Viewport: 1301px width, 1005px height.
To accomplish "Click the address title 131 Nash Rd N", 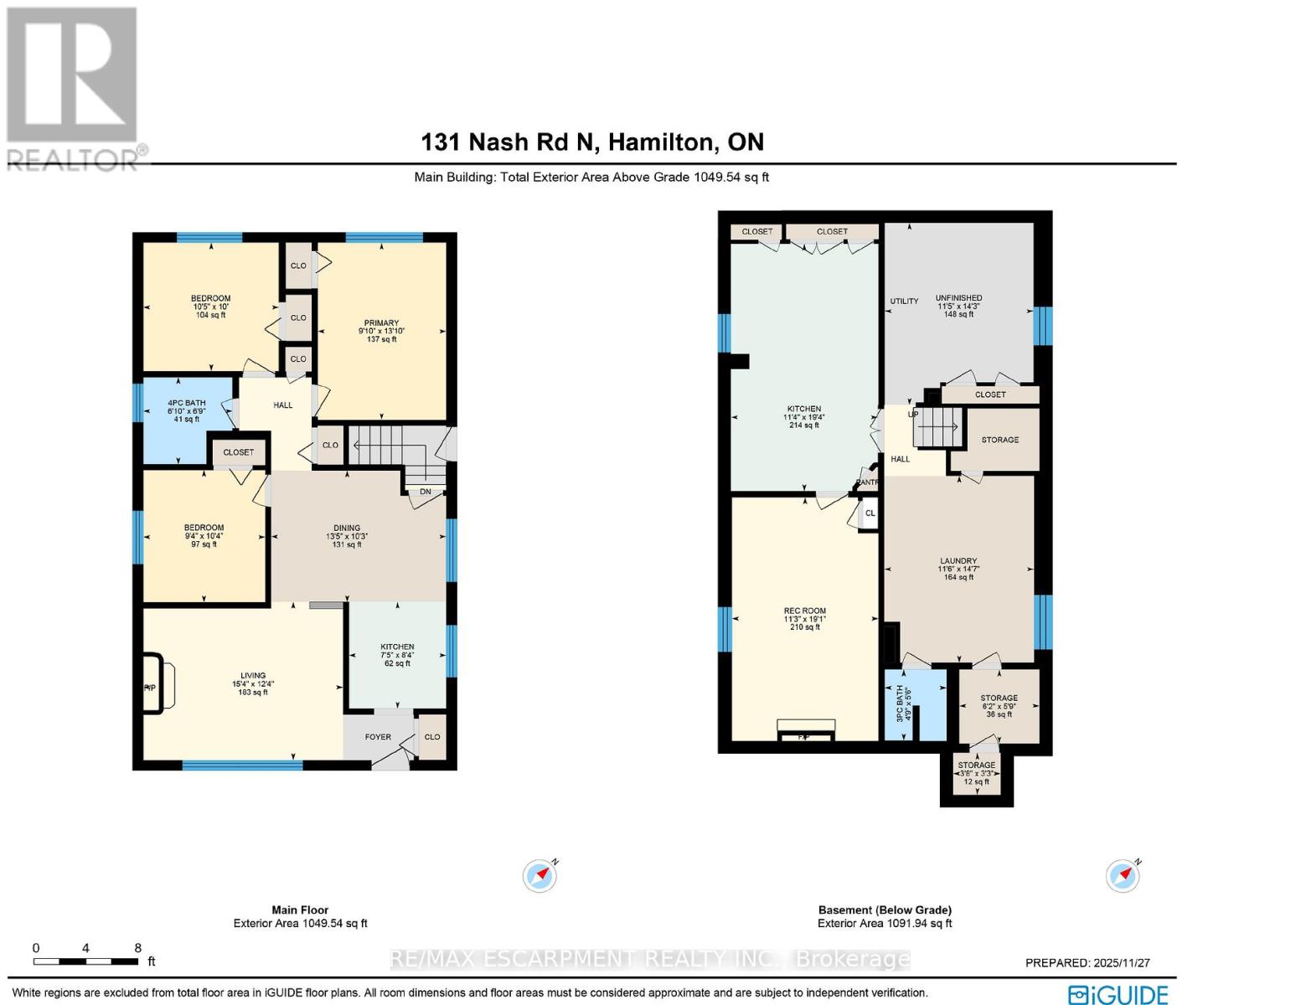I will click(x=591, y=142).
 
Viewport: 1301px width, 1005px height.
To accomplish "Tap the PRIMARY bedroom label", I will click(x=381, y=323).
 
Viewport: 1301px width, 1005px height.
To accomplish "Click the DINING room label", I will click(x=347, y=528).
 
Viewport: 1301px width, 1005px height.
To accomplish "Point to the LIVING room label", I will click(x=253, y=676).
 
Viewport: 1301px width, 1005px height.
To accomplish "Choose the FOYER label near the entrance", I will click(x=378, y=737).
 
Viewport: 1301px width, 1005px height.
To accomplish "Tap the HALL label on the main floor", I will click(x=283, y=405).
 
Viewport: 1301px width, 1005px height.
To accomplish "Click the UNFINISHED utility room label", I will click(x=958, y=298).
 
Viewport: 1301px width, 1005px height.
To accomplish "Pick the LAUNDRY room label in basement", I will click(x=958, y=561).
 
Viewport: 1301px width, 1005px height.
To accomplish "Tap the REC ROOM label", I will click(x=804, y=611).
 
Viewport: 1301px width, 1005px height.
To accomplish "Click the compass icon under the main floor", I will click(x=540, y=876).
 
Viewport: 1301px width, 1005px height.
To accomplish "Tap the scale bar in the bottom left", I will click(x=86, y=960).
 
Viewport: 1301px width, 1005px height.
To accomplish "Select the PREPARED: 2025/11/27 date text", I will click(x=1087, y=963).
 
